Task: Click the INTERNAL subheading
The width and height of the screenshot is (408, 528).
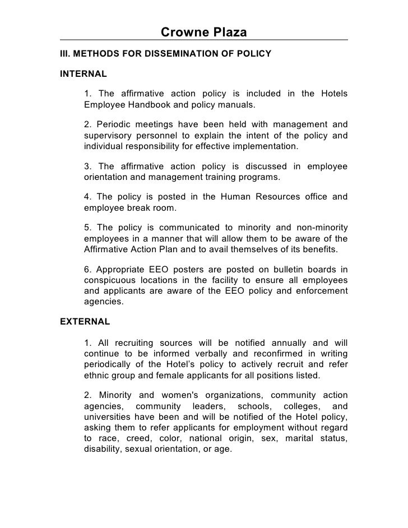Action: (x=83, y=73)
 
